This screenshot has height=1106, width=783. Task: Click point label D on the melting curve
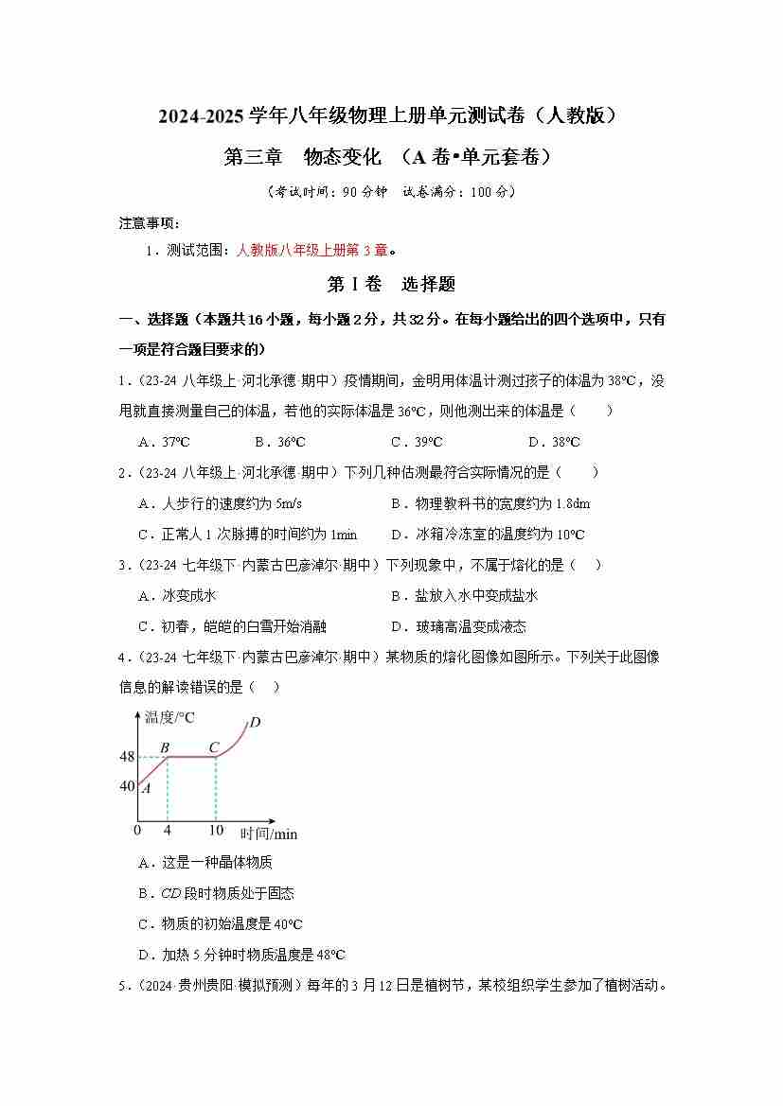coord(255,724)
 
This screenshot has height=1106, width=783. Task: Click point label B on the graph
coord(165,747)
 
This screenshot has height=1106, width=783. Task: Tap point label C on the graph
coord(215,747)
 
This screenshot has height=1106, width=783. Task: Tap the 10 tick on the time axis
coord(216,830)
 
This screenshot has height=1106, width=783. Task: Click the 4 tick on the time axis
coord(167,830)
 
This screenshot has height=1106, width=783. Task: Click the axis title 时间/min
coord(269,834)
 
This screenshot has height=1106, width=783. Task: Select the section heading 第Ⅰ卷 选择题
coord(391,283)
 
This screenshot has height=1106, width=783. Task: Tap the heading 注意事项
coord(149,223)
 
